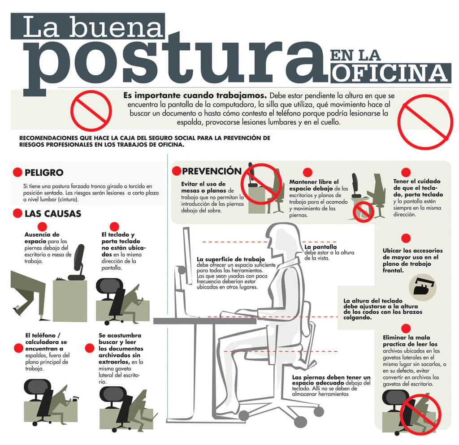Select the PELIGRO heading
click(x=44, y=173)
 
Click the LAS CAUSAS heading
click(x=52, y=213)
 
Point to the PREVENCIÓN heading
click(x=212, y=171)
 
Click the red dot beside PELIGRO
click(x=17, y=173)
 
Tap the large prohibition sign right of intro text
click(x=425, y=120)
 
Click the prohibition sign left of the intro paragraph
click(x=91, y=110)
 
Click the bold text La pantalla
click(x=320, y=247)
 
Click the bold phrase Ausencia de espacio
click(x=42, y=238)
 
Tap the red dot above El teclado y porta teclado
click(x=114, y=226)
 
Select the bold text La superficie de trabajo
click(x=230, y=259)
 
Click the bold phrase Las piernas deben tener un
click(x=331, y=377)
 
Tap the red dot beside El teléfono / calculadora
click(x=18, y=348)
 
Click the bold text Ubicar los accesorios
click(x=412, y=251)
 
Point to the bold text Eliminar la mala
click(x=406, y=337)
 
